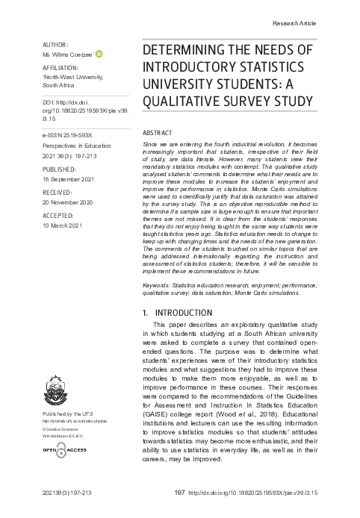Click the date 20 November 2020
pos(66,202)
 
